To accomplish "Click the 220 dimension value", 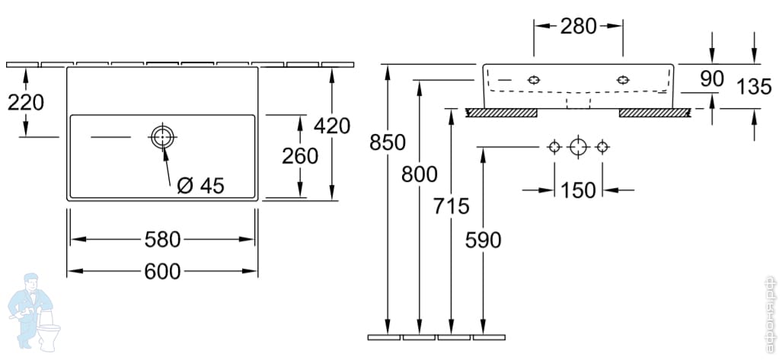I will [25, 102].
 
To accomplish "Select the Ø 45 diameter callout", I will [200, 185].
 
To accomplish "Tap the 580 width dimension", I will [162, 240].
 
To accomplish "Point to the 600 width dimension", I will [162, 271].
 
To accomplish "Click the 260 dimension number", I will [300, 156].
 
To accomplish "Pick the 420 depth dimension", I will [333, 126].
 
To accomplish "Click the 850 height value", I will [388, 142].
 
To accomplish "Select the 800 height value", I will [420, 174].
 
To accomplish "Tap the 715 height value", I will [451, 205].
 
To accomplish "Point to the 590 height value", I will [483, 240].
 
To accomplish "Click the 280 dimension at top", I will [578, 27].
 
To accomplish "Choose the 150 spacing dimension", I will [578, 190].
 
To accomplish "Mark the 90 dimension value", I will [711, 78].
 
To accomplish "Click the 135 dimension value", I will [754, 87].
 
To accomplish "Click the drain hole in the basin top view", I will [162, 138].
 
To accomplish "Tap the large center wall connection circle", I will [579, 146].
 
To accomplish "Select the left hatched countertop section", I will [502, 113].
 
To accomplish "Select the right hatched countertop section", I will [655, 113].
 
